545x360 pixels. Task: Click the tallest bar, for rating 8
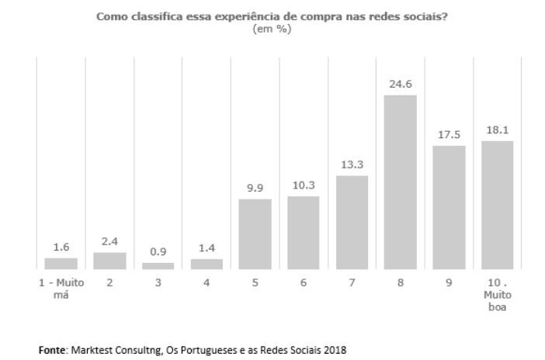tap(401, 182)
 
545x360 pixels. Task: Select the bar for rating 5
tap(255, 234)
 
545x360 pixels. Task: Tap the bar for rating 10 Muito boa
tap(497, 205)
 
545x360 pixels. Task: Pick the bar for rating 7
tap(352, 223)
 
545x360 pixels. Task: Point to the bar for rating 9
tap(449, 207)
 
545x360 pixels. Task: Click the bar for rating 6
tap(304, 233)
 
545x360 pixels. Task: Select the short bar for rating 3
tap(158, 266)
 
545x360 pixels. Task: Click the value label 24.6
tap(401, 84)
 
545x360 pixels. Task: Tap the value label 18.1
tap(497, 130)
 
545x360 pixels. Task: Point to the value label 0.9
tap(158, 251)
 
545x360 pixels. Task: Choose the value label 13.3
tap(352, 164)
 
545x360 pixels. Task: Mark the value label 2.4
tap(109, 241)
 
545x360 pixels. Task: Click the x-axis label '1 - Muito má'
tap(61, 288)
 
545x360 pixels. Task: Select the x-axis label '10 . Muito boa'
tap(497, 296)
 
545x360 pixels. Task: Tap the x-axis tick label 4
tap(207, 283)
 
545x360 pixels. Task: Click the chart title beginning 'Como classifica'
tap(272, 17)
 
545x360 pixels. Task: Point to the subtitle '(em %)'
tap(272, 29)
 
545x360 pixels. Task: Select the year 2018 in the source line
tap(335, 350)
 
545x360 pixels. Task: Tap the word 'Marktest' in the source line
tap(90, 350)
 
